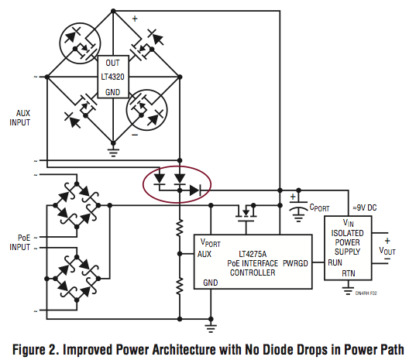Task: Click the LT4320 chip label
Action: (112, 77)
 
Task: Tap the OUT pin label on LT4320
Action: (112, 63)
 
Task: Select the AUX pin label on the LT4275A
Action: (205, 254)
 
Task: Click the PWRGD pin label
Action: (295, 263)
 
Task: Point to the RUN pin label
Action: (335, 262)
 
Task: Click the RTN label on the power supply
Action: (349, 273)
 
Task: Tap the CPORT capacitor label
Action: (319, 207)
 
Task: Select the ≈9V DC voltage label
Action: (365, 207)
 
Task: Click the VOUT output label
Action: (387, 251)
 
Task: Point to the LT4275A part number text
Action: (253, 254)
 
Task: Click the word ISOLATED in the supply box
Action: (347, 233)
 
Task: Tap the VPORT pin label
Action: (211, 242)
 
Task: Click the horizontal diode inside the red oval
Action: (195, 190)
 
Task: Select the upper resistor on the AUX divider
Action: (180, 228)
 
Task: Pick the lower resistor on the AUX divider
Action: (180, 286)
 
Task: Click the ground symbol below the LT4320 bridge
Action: (113, 153)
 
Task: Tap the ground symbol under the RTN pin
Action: (348, 291)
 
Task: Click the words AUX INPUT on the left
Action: (20, 118)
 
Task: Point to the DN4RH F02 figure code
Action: (366, 293)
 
